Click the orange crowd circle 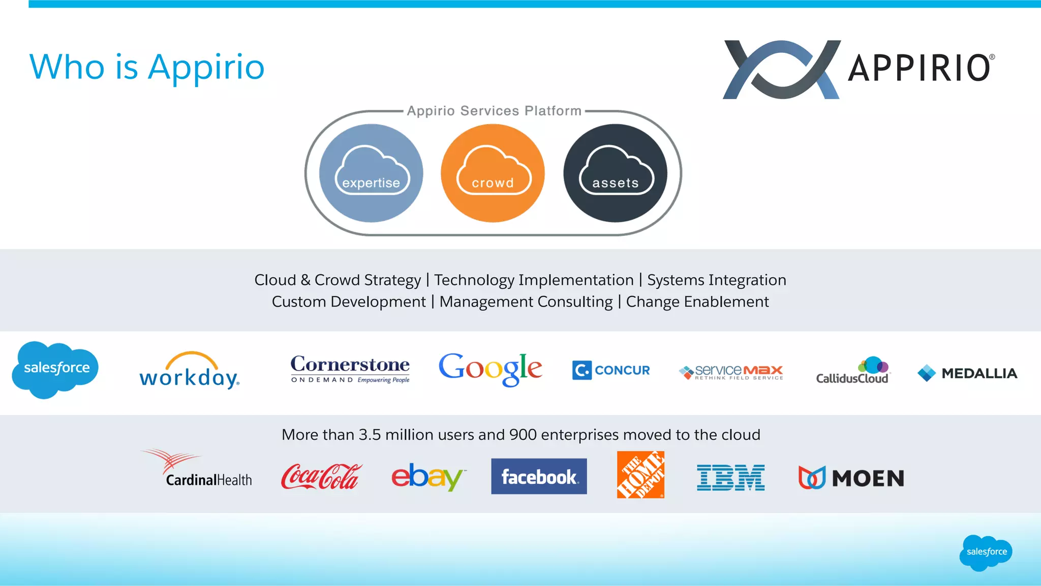coord(493,173)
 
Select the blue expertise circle coord(371,173)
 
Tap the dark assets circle coord(615,173)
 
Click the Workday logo coord(190,371)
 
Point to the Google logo coord(491,369)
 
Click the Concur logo coord(611,370)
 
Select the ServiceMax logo coord(731,372)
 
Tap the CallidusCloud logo coord(853,371)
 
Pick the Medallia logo coord(967,373)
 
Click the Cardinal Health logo coord(197,469)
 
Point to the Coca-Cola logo coord(321,477)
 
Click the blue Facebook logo coord(539,476)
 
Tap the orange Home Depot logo coord(640,475)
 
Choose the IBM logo coord(730,478)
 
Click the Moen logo coord(851,478)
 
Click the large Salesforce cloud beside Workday coord(55,369)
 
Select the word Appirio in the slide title coord(206,67)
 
